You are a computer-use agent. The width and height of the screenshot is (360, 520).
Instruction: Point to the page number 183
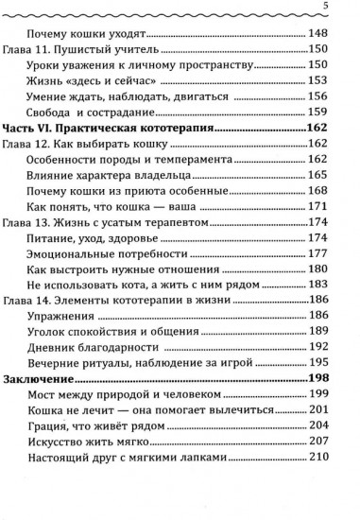click(317, 284)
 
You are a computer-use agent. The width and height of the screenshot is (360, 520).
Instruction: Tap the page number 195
click(317, 362)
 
